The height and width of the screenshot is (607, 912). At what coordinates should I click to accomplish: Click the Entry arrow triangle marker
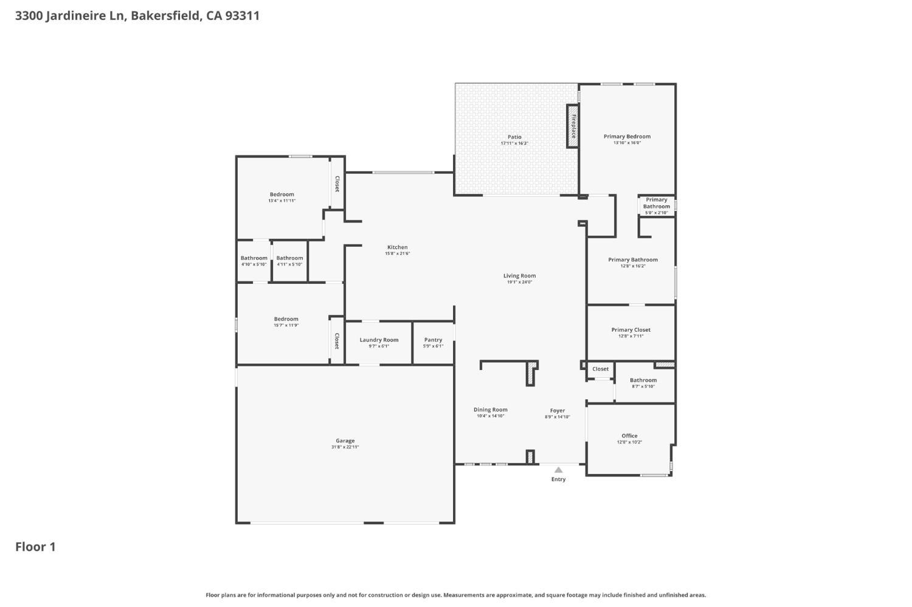559,470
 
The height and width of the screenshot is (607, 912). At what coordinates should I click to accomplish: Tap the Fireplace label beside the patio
573,126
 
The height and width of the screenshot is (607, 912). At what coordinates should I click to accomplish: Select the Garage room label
345,441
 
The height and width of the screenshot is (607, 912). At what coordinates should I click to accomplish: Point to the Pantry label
433,340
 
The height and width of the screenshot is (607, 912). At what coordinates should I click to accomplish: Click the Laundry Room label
379,340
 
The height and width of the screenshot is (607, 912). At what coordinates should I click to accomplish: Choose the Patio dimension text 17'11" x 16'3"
514,143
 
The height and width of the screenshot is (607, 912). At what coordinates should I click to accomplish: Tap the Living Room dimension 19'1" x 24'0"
519,282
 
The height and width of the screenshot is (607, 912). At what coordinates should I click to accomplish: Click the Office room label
629,436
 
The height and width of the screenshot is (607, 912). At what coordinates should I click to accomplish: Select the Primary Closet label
631,330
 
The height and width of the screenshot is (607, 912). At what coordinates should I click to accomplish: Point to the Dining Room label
491,410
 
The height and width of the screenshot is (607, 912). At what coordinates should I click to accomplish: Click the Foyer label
558,411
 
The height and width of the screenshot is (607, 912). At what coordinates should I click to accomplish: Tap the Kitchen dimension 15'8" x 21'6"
398,253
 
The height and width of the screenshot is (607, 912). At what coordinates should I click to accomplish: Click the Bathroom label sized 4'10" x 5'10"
254,258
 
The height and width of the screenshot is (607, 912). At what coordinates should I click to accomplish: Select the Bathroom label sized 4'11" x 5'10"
290,258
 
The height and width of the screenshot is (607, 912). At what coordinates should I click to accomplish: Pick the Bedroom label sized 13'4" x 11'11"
282,194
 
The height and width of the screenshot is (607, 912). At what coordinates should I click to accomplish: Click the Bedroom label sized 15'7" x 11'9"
286,319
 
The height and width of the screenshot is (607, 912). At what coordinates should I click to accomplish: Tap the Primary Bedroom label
627,137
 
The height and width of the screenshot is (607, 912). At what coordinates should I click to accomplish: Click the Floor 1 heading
35,547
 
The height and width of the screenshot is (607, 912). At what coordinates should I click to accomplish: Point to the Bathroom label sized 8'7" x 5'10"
643,380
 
